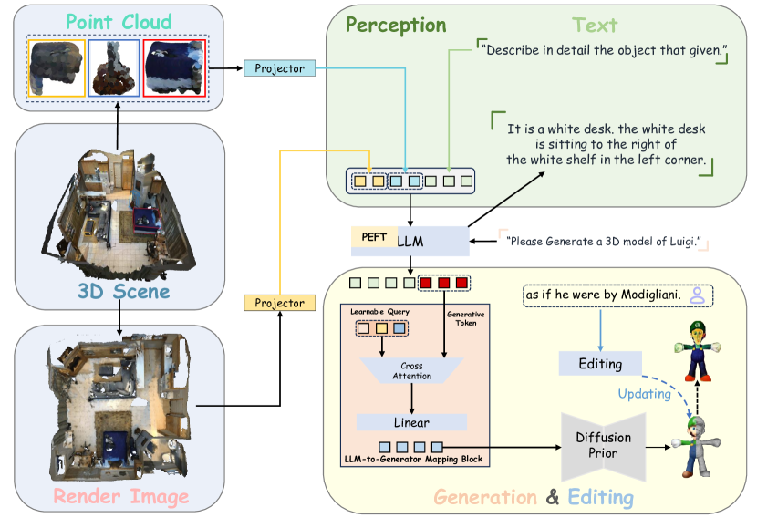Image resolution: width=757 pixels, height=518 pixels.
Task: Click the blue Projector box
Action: pyautogui.click(x=279, y=67)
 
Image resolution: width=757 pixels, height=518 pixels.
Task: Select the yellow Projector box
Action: pyautogui.click(x=279, y=302)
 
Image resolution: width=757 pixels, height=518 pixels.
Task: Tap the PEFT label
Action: pyautogui.click(x=374, y=237)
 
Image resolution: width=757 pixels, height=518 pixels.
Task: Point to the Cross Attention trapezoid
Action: pyautogui.click(x=411, y=371)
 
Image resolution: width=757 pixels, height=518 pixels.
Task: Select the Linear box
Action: pyautogui.click(x=411, y=422)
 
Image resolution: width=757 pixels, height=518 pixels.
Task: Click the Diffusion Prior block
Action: pyautogui.click(x=603, y=446)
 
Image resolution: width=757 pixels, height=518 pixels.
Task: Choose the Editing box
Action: pyautogui.click(x=600, y=364)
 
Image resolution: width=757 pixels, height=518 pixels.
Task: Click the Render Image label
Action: pyautogui.click(x=120, y=496)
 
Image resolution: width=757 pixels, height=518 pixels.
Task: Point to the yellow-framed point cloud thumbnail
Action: pyautogui.click(x=57, y=68)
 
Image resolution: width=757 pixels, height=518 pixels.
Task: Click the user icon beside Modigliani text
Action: pyautogui.click(x=697, y=294)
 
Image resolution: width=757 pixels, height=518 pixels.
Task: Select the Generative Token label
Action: pyautogui.click(x=465, y=317)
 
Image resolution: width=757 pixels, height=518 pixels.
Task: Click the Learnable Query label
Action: pyautogui.click(x=379, y=312)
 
